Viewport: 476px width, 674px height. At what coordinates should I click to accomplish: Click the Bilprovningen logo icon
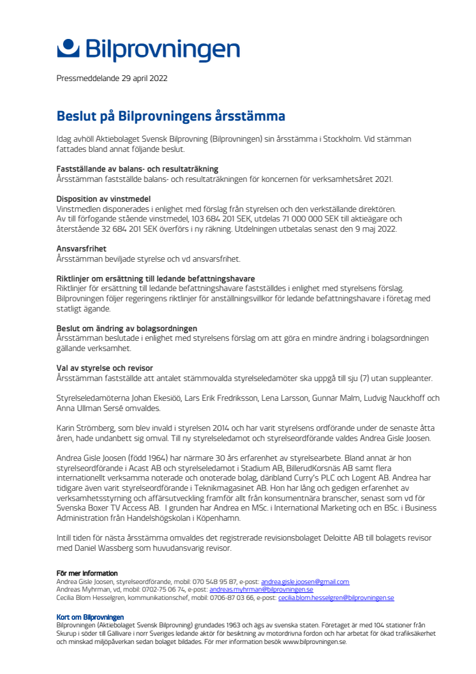(68, 49)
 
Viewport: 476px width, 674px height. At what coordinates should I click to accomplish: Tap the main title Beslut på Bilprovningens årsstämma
(171, 116)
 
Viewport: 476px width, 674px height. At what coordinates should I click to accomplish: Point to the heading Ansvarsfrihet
(81, 248)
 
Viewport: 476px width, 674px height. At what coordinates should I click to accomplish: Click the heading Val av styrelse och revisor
(105, 368)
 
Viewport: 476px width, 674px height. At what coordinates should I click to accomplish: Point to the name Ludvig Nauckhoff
(398, 398)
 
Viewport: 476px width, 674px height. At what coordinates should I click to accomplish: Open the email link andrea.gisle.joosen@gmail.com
(305, 581)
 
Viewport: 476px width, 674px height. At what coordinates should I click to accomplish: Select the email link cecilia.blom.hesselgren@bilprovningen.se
(336, 598)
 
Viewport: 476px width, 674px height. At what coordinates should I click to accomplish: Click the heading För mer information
(87, 573)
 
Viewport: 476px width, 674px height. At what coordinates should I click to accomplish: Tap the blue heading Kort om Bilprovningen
(90, 617)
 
